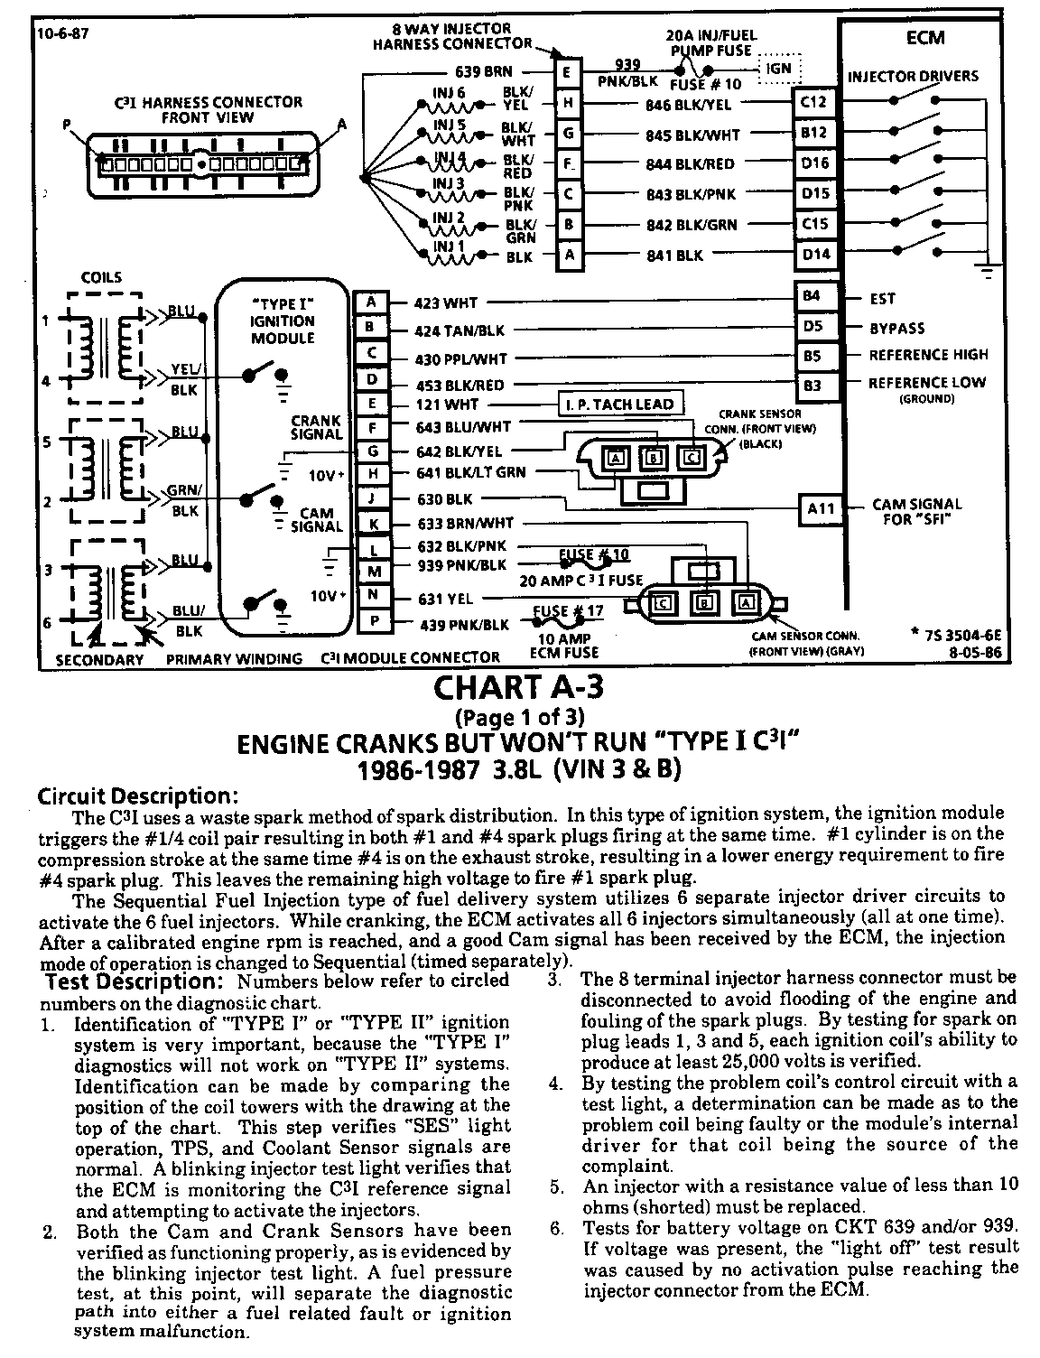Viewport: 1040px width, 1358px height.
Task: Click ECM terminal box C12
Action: [x=813, y=102]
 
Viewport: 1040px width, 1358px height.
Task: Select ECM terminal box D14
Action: [x=816, y=255]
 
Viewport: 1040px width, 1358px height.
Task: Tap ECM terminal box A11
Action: [x=821, y=509]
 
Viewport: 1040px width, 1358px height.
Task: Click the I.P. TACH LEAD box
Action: [x=620, y=404]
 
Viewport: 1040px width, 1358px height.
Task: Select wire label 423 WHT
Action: [x=446, y=303]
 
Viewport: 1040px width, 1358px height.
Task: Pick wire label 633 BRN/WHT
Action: [x=466, y=523]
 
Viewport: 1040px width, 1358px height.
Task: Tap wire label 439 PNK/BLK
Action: [x=464, y=625]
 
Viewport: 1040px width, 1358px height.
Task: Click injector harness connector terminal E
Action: [x=567, y=73]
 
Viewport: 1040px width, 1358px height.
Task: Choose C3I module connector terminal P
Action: [x=372, y=621]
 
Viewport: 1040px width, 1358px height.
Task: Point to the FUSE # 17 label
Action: [x=568, y=610]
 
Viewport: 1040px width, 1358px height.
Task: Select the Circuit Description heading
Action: [x=137, y=796]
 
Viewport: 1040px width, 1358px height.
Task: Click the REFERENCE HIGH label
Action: [x=928, y=355]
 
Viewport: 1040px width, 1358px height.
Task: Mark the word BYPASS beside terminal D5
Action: [x=896, y=328]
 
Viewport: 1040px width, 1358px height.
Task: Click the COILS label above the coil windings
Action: [x=101, y=277]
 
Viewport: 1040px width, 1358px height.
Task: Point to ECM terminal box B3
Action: [x=812, y=386]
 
